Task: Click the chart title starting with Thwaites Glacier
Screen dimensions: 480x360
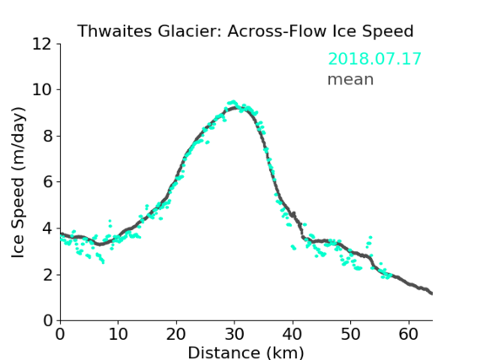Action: tap(245, 31)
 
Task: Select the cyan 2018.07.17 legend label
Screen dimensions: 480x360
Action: tap(375, 59)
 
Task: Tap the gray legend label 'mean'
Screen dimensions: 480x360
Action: tap(351, 79)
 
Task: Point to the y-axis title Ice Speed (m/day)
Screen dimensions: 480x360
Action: tap(18, 183)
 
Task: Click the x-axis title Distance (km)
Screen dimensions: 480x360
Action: tap(245, 352)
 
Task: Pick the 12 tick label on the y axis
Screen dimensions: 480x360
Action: tap(41, 44)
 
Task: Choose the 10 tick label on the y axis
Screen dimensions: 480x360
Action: tap(41, 90)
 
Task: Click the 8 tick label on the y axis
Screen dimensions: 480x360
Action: tap(47, 136)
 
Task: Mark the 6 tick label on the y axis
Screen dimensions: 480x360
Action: tap(47, 182)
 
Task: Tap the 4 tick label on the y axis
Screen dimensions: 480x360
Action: tap(47, 228)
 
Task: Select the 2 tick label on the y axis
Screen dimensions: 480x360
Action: tap(47, 275)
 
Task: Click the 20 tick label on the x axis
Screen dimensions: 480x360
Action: tap(176, 334)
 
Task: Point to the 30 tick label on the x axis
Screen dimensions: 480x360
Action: tap(235, 334)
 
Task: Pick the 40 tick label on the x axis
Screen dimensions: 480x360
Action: tap(293, 334)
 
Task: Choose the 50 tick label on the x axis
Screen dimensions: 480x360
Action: tap(351, 334)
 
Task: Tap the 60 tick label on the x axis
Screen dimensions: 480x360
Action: tap(408, 334)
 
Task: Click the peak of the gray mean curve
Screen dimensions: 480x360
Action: tap(235, 107)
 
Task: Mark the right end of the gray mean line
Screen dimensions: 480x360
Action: tap(432, 293)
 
